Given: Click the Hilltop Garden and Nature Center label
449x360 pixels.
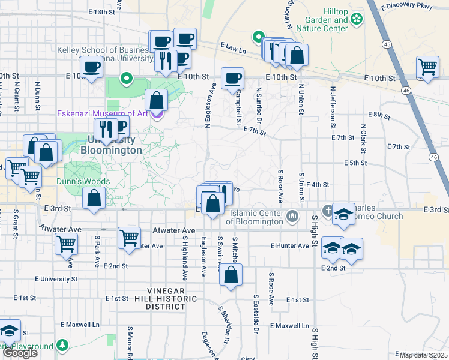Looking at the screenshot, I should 324,20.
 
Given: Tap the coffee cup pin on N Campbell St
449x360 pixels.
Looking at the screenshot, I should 232,78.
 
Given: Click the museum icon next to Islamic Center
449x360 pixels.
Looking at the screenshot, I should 293,214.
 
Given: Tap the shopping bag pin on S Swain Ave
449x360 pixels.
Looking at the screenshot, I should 231,276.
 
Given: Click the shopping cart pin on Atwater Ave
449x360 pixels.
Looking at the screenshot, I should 129,238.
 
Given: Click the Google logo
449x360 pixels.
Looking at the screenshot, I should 20,353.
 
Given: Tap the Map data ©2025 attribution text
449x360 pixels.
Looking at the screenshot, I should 423,355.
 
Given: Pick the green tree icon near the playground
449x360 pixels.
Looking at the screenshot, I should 62,346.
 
